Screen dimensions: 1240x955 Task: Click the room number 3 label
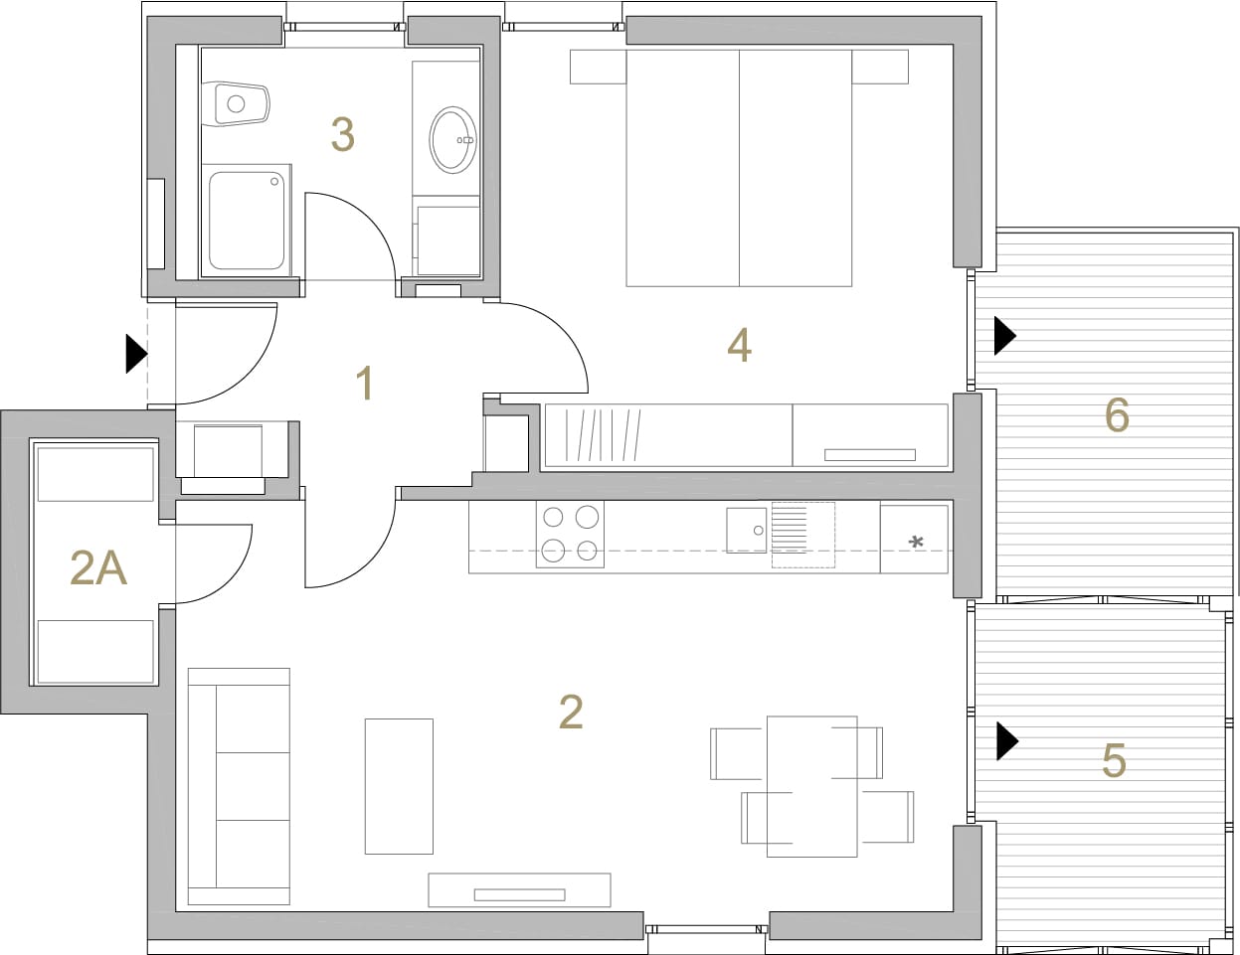(343, 135)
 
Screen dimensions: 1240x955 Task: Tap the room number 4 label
(740, 346)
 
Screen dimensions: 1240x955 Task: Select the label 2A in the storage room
(98, 569)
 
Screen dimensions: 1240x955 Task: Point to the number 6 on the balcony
(1117, 415)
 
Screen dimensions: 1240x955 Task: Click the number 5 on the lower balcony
(1114, 761)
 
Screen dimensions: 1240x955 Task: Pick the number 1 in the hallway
(365, 384)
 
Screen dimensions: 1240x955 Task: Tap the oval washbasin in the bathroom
(453, 140)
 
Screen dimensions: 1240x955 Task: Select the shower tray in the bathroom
(247, 221)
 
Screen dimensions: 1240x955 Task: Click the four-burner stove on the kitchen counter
(570, 535)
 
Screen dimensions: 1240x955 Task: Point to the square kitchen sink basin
(747, 531)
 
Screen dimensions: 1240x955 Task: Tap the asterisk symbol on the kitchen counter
(916, 542)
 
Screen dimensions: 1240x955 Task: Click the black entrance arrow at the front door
(137, 354)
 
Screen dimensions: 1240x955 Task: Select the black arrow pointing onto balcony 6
(1005, 335)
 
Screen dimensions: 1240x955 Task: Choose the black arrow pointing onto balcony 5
(1007, 741)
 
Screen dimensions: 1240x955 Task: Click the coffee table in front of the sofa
(399, 786)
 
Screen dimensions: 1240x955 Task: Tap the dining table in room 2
(812, 787)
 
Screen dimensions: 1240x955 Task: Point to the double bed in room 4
(739, 168)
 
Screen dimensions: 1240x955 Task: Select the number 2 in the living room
(571, 712)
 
